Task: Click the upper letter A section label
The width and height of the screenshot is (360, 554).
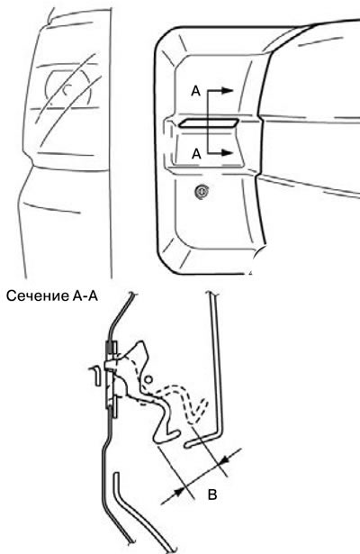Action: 195,91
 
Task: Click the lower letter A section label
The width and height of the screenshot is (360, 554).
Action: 196,154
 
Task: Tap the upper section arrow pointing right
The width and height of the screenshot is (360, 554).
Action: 220,90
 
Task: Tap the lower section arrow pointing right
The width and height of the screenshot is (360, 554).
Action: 220,152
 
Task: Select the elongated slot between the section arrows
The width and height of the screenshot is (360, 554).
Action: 208,123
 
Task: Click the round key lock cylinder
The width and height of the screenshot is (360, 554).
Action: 202,192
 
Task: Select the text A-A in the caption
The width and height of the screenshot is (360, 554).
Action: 85,295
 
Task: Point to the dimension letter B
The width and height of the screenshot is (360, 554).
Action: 212,495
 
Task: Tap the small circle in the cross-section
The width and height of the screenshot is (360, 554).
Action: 148,379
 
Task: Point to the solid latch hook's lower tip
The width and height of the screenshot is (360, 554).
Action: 156,440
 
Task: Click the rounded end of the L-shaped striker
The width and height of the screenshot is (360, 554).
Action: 187,445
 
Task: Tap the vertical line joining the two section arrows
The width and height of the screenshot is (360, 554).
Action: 208,122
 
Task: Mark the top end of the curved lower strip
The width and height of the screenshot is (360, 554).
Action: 117,474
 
